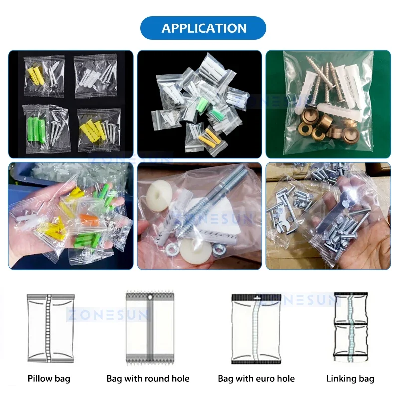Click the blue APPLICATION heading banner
coord(203,28)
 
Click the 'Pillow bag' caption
coord(49,379)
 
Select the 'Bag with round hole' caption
coord(148,379)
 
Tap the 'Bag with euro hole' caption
coord(256,379)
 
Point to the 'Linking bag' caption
coord(350,379)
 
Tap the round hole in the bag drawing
coord(149,298)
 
